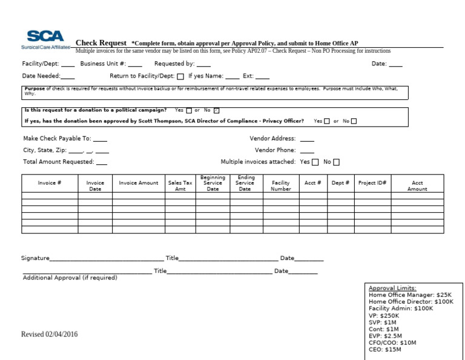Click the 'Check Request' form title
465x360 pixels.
point(101,43)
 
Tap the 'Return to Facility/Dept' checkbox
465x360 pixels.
point(180,76)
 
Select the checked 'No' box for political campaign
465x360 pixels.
point(217,110)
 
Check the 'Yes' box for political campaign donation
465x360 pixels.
point(189,110)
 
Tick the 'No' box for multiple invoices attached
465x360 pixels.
point(337,162)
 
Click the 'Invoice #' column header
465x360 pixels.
point(50,182)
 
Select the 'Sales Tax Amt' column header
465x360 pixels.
point(180,185)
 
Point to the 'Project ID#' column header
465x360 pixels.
point(372,182)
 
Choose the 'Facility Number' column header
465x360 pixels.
point(281,185)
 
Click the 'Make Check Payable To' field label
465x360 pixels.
point(57,138)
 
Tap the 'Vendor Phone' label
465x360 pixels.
point(275,150)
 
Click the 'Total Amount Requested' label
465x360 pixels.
point(58,162)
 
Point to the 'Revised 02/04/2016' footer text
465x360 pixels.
point(50,334)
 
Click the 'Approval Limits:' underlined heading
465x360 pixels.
point(392,288)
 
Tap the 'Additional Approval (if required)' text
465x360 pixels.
point(70,278)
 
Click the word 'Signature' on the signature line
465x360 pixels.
point(35,258)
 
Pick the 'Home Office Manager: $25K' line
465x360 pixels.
point(410,295)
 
